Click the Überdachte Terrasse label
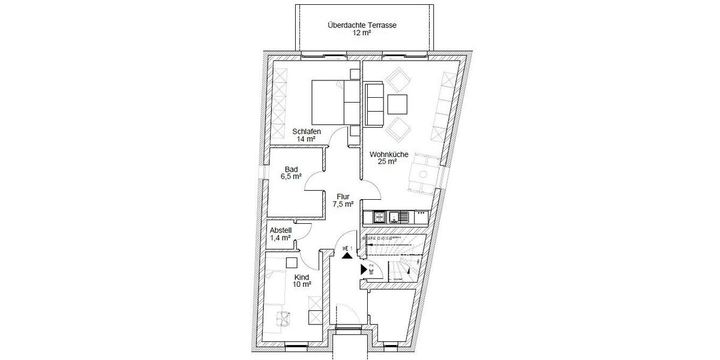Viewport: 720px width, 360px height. (362, 25)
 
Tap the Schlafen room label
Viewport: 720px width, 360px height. (306, 131)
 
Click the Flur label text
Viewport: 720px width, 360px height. (343, 196)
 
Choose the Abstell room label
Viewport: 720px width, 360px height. (280, 230)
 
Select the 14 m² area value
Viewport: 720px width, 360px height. (306, 139)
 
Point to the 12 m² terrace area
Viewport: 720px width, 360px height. (362, 34)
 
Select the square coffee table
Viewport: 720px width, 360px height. (397, 104)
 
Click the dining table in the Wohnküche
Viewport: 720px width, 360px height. (422, 174)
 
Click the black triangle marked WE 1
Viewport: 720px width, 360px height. (346, 255)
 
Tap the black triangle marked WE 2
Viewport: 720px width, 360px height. (364, 270)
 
